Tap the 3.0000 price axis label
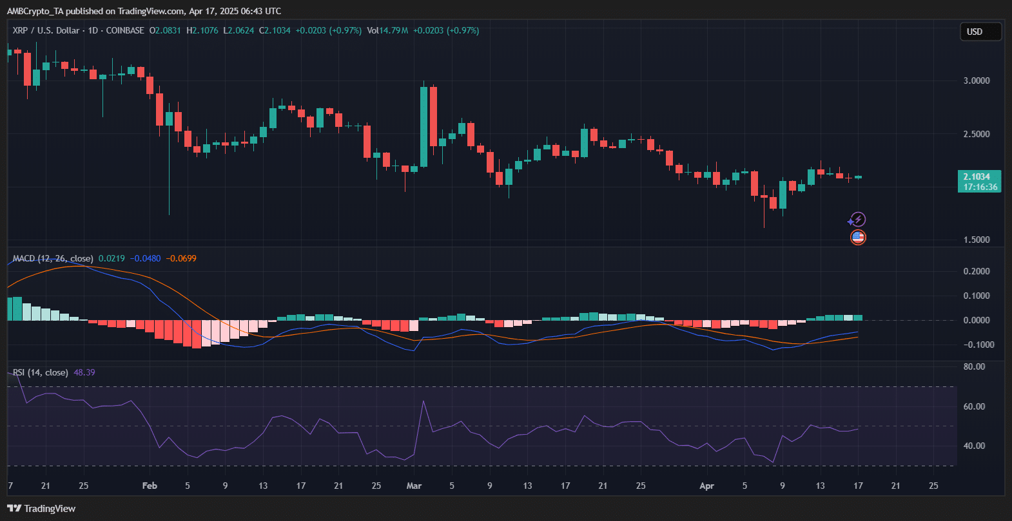[977, 81]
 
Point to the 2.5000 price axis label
[977, 134]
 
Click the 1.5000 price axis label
[977, 240]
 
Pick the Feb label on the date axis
[150, 486]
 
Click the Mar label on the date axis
[414, 486]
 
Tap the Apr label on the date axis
[706, 486]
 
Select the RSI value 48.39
[84, 372]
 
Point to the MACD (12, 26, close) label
[53, 258]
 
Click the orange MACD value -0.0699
[181, 258]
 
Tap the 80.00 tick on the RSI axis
[974, 366]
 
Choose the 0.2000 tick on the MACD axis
[977, 271]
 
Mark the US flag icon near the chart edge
[857, 237]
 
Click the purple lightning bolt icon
[857, 220]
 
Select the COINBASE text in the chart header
[125, 30]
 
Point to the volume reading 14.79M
[393, 30]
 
